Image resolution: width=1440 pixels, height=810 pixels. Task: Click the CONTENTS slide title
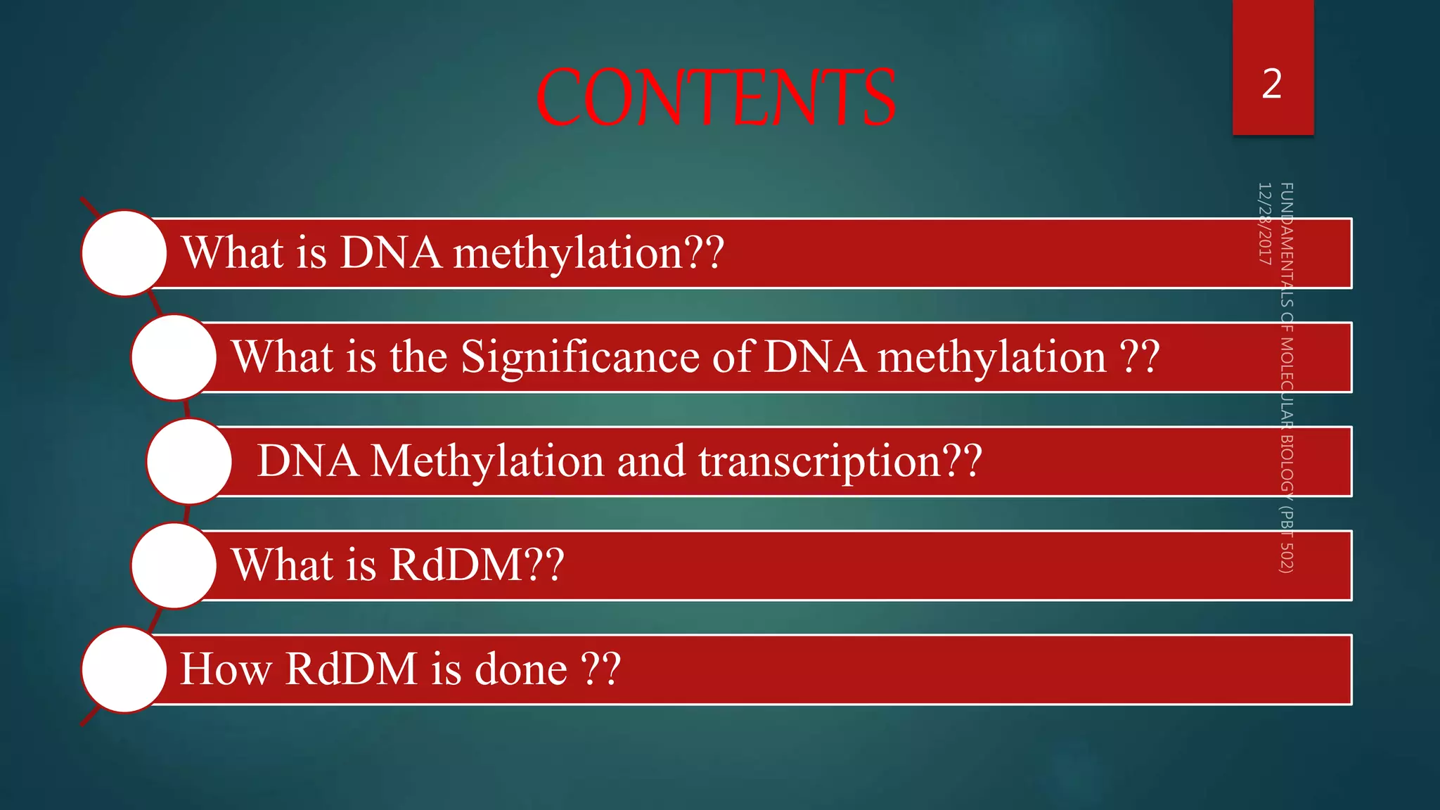click(x=715, y=98)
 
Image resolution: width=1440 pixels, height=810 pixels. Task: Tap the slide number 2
click(x=1272, y=84)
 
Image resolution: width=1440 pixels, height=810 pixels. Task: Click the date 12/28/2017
click(x=1264, y=224)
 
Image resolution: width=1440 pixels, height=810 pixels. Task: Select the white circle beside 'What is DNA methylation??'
click(x=124, y=253)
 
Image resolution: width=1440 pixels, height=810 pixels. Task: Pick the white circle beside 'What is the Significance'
click(x=173, y=357)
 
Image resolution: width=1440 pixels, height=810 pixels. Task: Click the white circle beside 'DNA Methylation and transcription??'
click(x=189, y=461)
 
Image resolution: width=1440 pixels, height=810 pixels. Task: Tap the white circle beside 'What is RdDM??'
click(x=173, y=565)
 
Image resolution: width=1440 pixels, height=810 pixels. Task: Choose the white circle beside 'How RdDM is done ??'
click(x=124, y=669)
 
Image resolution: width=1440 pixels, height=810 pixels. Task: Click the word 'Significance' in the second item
click(x=580, y=357)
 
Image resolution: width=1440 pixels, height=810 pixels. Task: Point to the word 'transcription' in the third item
click(x=819, y=462)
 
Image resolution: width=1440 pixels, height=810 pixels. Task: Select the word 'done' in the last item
click(x=521, y=669)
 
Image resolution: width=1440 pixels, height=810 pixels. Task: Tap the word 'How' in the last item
click(x=226, y=669)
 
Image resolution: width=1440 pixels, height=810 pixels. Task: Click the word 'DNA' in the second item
click(x=814, y=356)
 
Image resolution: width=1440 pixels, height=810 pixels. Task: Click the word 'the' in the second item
click(x=418, y=356)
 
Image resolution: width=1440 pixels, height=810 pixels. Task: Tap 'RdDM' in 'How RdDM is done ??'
click(x=351, y=669)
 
